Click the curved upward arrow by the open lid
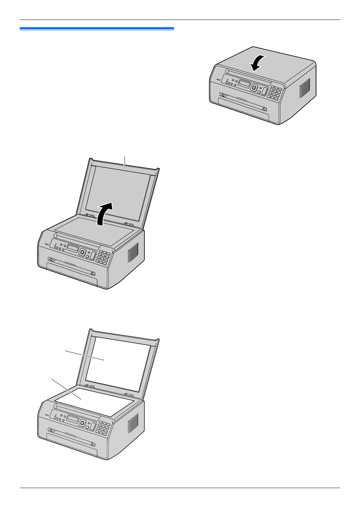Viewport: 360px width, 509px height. tap(105, 213)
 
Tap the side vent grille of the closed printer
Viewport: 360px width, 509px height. tap(304, 88)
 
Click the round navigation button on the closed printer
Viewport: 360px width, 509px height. tap(255, 88)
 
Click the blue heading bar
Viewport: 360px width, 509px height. tap(97, 28)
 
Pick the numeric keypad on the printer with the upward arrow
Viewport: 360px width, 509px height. tap(103, 257)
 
